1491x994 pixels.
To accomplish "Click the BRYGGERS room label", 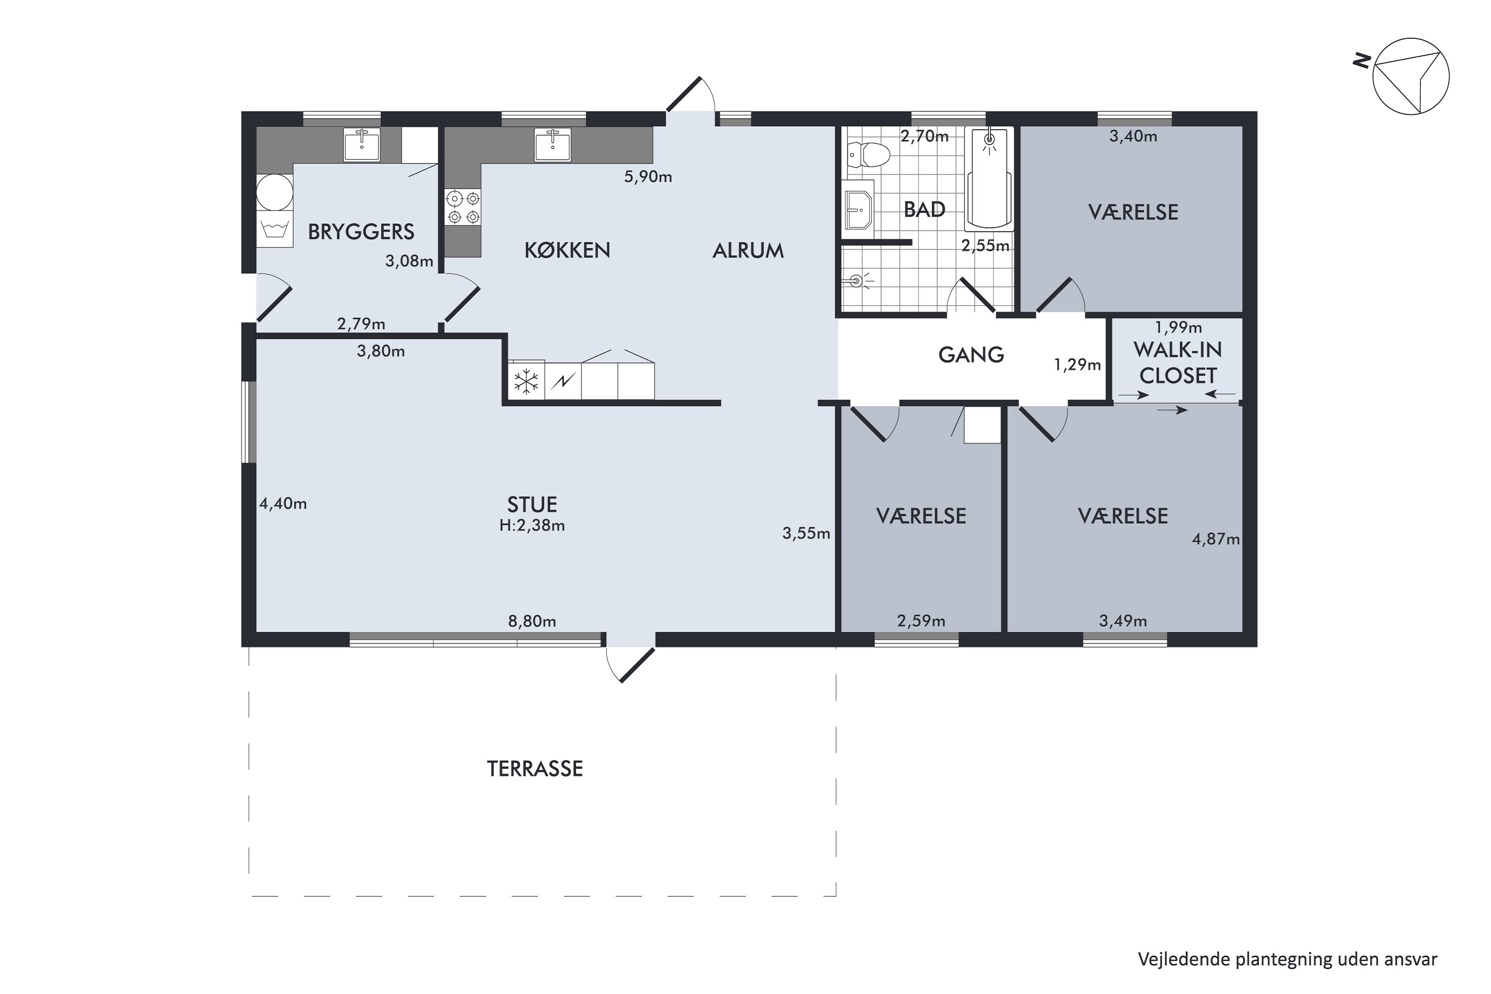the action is (361, 232).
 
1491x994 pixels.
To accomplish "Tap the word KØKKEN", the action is (568, 250).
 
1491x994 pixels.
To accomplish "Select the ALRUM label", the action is (748, 251).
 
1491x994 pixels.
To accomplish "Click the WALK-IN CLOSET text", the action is (1178, 363).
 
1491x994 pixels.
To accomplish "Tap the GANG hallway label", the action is (971, 355).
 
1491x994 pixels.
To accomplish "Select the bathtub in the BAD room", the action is (989, 179).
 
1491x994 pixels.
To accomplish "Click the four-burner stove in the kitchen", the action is (463, 207).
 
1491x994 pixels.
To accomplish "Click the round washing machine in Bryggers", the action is (274, 193).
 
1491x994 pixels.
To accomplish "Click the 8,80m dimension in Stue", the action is (532, 621).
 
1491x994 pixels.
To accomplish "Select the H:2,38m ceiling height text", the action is (532, 525).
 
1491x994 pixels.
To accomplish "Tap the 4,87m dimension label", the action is (1216, 539).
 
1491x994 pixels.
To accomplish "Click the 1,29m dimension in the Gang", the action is (1077, 364).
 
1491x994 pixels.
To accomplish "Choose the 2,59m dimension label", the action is (921, 621).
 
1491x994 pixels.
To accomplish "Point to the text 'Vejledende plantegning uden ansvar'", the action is (1288, 959).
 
